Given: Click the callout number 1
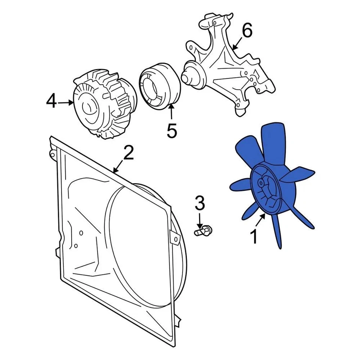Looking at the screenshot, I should pos(254,237).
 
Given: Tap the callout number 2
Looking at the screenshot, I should pos(128,153).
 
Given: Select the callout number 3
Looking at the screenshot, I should pos(200,203).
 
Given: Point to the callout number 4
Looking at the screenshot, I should pos(51,102).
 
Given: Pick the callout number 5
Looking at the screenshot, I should pos(171,131).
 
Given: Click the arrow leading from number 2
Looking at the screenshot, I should pos(119,166).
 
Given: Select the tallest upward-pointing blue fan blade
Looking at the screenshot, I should pos(276,144).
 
